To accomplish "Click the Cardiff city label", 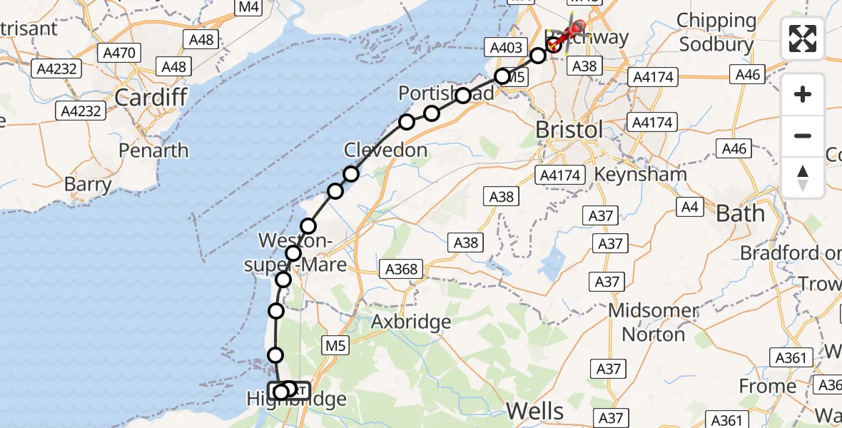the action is [151, 97].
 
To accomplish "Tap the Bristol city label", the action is [569, 130].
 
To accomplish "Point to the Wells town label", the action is [535, 410].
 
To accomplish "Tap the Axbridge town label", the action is [411, 322].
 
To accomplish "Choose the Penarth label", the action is [153, 151].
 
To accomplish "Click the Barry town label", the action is [88, 185].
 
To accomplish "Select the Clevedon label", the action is [385, 151].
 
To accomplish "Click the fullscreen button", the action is [803, 39].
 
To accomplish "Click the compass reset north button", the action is [803, 178].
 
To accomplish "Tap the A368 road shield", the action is [401, 269].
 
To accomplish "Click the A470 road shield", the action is [121, 52].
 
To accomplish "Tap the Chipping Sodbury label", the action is [716, 32].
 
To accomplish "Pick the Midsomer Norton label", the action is [653, 322].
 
